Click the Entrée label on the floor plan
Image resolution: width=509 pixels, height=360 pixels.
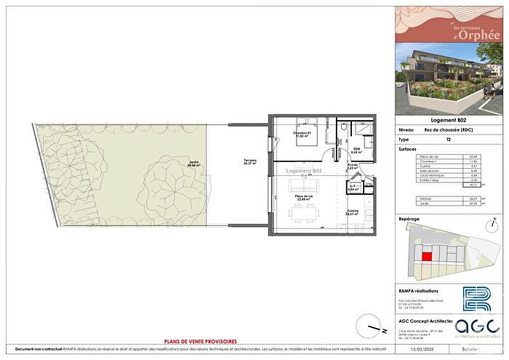point(353,167)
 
